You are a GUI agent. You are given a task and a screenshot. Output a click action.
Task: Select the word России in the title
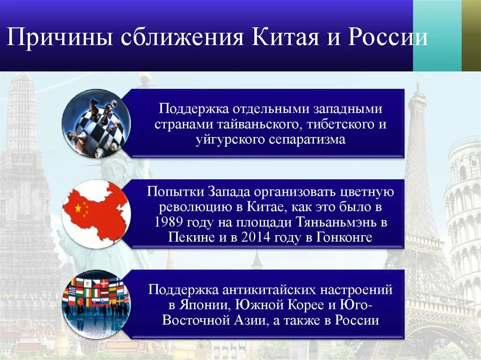point(388,38)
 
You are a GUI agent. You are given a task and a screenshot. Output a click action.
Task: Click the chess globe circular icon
point(96,123)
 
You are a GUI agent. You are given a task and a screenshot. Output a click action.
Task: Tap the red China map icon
point(96,214)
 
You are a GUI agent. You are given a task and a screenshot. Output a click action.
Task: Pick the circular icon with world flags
point(96,304)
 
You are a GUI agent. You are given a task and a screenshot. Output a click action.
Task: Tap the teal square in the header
point(437,36)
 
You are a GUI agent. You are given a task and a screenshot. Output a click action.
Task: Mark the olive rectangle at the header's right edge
point(471,36)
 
